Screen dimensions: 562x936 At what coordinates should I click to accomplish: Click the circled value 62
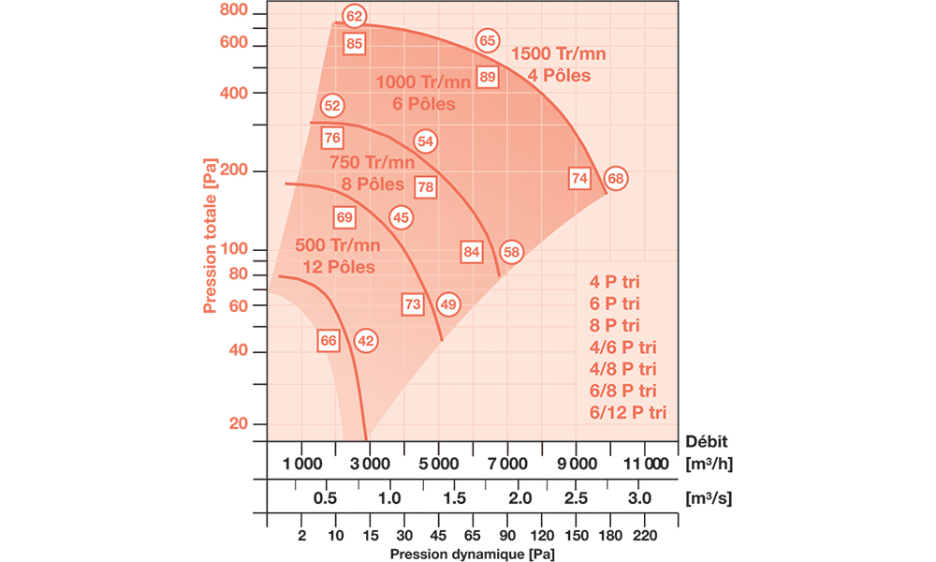(x=353, y=16)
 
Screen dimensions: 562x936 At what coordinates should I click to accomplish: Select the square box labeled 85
(x=354, y=43)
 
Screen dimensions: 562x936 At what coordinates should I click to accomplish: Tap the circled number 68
(x=615, y=178)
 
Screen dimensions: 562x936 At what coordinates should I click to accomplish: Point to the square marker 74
(x=579, y=178)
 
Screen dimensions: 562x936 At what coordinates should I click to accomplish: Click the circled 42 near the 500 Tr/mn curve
(x=366, y=341)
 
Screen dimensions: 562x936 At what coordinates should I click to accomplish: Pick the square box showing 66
(x=329, y=341)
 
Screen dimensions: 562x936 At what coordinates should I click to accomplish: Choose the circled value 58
(x=510, y=251)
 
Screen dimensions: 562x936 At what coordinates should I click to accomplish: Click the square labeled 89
(x=487, y=77)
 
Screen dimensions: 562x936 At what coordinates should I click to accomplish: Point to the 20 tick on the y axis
(x=239, y=423)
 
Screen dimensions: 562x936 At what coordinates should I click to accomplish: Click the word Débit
(x=708, y=440)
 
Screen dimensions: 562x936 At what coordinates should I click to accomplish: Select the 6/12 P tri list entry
(x=627, y=411)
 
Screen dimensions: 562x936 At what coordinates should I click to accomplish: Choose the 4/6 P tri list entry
(x=622, y=347)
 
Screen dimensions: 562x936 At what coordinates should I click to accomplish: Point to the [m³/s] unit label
(x=709, y=498)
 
